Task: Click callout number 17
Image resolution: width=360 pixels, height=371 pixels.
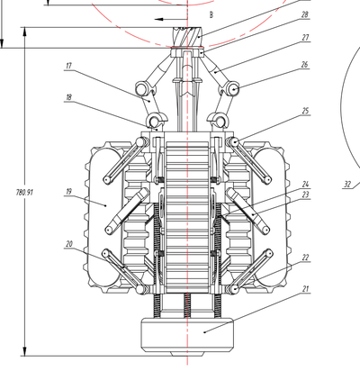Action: [69, 66]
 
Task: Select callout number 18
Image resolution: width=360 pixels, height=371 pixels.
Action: [69, 97]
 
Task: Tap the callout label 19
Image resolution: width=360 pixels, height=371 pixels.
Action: [69, 192]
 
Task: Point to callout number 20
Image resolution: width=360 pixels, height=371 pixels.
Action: [69, 244]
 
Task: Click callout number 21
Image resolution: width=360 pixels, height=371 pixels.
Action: [305, 289]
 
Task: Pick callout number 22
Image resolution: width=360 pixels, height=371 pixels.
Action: [305, 258]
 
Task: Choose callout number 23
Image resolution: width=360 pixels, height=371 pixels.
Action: [305, 195]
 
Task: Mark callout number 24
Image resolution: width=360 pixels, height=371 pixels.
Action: [305, 184]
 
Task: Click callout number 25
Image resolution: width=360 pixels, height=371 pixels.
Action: [305, 111]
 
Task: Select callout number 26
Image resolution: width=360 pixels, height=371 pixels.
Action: [304, 65]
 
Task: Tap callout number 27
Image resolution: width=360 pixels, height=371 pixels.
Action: [305, 38]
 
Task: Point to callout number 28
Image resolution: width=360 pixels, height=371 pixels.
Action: [304, 14]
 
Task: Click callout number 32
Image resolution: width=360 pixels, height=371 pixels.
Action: [347, 185]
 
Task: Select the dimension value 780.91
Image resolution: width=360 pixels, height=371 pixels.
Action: [24, 193]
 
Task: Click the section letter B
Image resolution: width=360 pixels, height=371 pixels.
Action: [211, 14]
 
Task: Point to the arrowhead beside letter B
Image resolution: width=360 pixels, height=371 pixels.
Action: [158, 20]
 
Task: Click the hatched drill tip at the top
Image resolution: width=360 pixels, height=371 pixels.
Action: [187, 37]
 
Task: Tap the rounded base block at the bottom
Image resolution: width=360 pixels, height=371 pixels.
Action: [187, 335]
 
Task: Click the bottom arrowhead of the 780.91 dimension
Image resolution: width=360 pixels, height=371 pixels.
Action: [25, 351]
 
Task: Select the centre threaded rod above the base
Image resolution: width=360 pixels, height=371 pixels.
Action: [187, 305]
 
